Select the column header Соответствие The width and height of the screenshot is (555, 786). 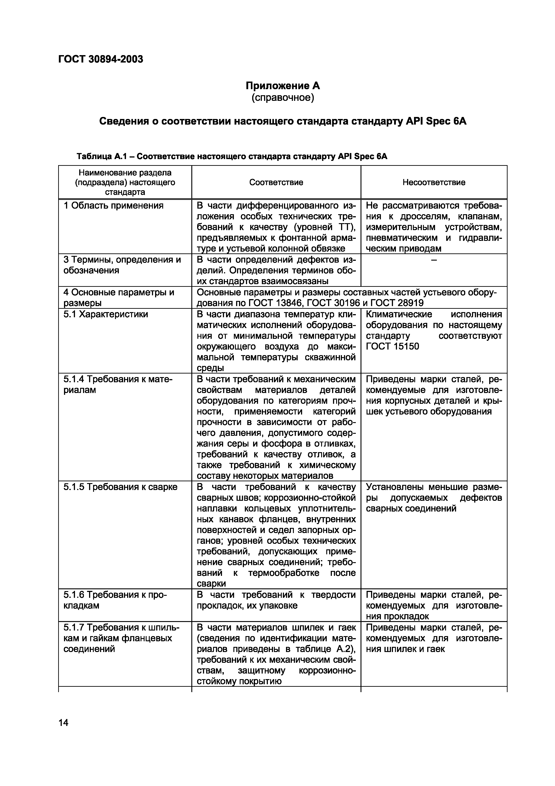276,182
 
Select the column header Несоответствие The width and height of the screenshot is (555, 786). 434,182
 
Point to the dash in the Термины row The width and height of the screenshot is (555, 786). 434,260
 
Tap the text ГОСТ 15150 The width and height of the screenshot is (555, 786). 392,346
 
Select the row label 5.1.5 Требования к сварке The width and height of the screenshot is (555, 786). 120,487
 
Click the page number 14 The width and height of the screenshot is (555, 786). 64,723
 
